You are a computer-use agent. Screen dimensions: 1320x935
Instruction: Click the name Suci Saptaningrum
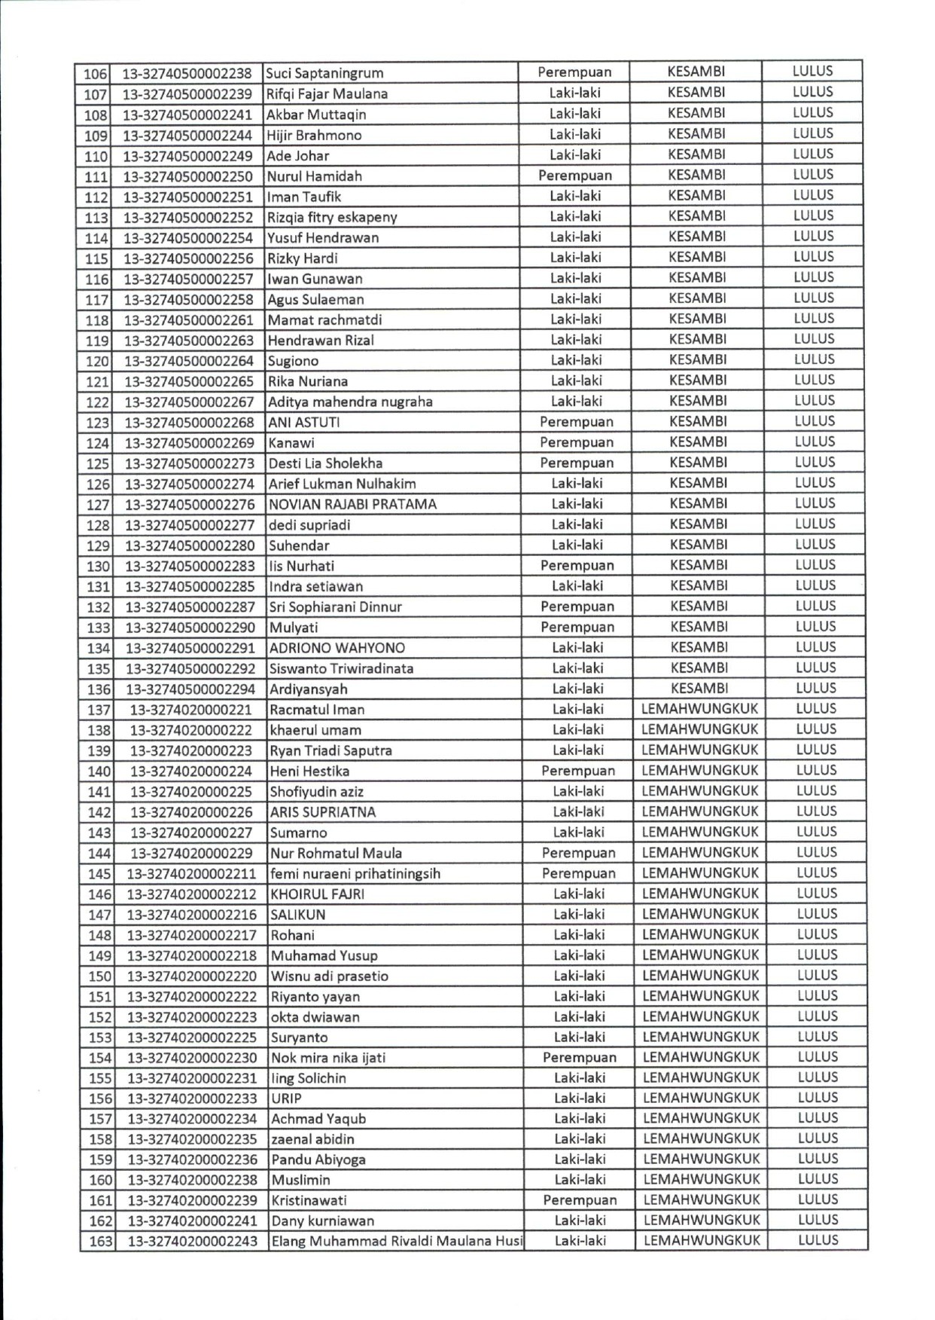tap(324, 73)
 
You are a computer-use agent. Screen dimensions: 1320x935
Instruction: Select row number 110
tap(96, 157)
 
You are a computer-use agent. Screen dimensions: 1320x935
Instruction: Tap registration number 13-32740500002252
tap(188, 218)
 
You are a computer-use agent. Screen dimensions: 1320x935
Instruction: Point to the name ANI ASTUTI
tap(304, 423)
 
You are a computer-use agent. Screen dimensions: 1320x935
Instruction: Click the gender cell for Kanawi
tap(576, 442)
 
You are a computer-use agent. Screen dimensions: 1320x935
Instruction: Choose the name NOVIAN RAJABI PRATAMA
tap(352, 505)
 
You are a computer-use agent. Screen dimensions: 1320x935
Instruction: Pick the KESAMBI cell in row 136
tap(699, 689)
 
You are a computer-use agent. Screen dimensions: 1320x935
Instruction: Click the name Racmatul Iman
tap(317, 710)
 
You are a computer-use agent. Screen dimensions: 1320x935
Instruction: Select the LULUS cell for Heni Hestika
tap(816, 770)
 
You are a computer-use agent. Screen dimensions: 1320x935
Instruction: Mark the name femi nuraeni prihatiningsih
tap(355, 874)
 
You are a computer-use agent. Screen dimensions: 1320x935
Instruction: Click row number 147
tap(99, 915)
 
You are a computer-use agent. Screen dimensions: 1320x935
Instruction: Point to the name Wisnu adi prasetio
tap(330, 976)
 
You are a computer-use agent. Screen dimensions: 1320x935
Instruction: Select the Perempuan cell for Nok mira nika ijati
tap(579, 1058)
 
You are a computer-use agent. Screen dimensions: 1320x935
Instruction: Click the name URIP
tap(286, 1098)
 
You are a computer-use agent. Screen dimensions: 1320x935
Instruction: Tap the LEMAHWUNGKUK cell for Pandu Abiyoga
tap(702, 1159)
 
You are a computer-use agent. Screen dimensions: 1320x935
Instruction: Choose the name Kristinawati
tap(309, 1200)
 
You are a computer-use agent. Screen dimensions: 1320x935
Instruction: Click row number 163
tap(100, 1242)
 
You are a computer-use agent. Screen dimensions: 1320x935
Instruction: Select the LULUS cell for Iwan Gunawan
tap(814, 277)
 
